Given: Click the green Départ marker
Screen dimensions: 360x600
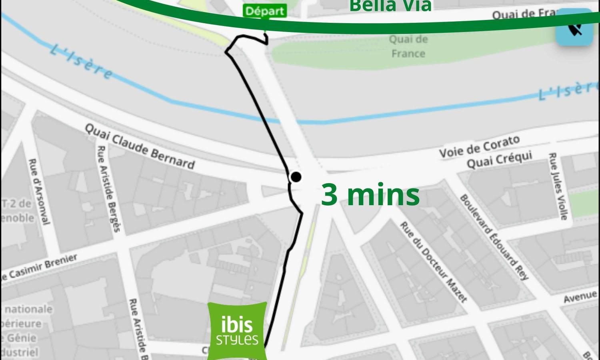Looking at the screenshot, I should click(x=265, y=11).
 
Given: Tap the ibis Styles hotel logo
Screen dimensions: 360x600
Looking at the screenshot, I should click(x=238, y=331).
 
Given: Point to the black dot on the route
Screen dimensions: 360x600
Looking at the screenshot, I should click(x=296, y=177).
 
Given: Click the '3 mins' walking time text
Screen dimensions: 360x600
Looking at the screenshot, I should click(x=370, y=195).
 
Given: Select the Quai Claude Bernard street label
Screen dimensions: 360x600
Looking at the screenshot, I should click(x=140, y=146).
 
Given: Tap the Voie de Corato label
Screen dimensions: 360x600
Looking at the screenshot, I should click(x=480, y=146).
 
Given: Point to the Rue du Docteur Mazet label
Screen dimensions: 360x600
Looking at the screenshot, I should click(x=434, y=262).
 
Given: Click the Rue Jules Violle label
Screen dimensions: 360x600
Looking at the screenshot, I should click(x=558, y=186).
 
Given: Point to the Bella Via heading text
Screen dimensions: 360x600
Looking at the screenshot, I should click(x=390, y=6).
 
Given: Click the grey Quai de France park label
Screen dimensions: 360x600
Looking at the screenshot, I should click(x=408, y=46).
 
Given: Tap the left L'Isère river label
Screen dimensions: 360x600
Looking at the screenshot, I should click(x=82, y=62).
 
